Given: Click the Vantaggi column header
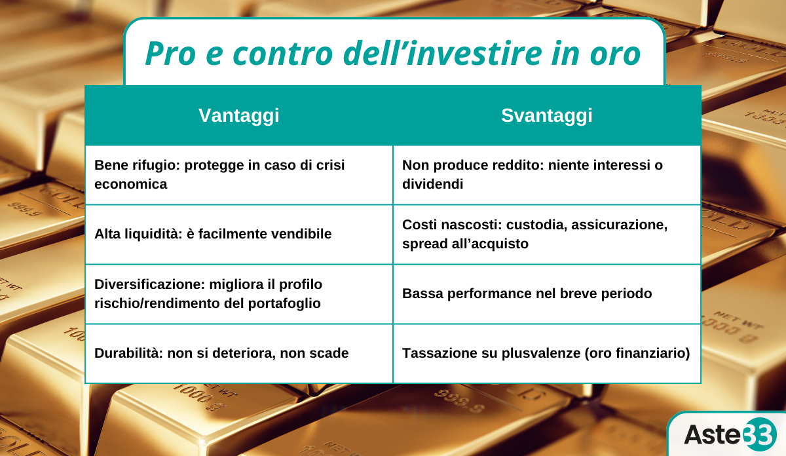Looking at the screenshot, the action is click(x=239, y=115).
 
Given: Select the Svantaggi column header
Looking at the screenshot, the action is click(x=547, y=115).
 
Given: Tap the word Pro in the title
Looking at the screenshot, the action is click(x=170, y=53).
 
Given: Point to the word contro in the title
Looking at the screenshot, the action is click(x=283, y=54).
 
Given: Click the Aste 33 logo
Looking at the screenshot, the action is click(x=730, y=434).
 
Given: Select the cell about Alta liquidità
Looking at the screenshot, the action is click(x=239, y=234).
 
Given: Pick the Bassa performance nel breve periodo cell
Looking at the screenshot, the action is click(x=547, y=294).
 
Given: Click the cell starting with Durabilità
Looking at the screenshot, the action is click(x=239, y=354).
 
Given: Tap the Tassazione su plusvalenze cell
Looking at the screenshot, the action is click(x=547, y=354).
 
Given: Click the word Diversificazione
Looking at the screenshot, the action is click(x=149, y=284).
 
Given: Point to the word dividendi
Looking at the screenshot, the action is click(x=433, y=184).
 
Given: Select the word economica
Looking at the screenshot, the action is click(x=130, y=184).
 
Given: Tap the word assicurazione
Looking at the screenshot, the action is click(x=620, y=225).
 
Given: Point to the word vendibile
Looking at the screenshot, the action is click(x=300, y=234).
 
